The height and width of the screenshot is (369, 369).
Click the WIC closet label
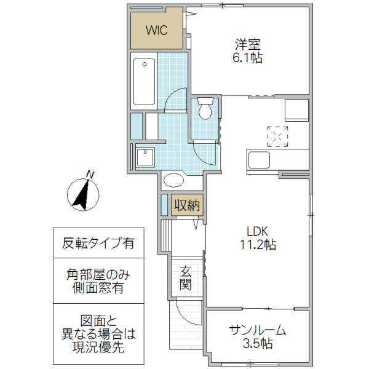[157, 29]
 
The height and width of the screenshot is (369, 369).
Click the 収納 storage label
[185, 204]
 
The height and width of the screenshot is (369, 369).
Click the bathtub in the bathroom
[144, 81]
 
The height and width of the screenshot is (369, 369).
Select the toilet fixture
[205, 108]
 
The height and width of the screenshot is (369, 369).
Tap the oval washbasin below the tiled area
[174, 181]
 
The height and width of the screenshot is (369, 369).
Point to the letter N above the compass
[90, 174]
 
